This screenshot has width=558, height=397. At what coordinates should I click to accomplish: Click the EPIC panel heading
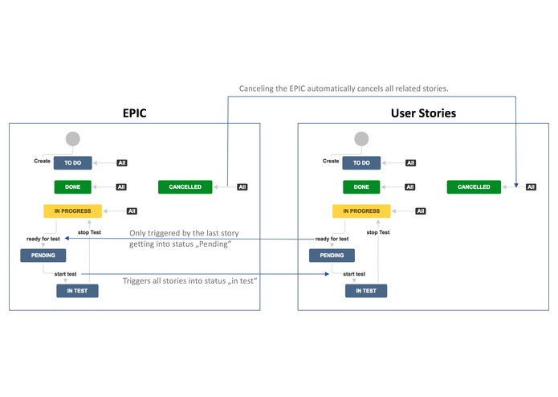tap(134, 113)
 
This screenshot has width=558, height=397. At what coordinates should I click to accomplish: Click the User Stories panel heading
tap(423, 113)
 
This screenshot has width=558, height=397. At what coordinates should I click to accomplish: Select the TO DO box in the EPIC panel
tap(73, 162)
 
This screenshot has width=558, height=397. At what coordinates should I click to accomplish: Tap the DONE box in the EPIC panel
tap(73, 186)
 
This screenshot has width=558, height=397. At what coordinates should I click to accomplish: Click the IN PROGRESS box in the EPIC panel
tap(73, 211)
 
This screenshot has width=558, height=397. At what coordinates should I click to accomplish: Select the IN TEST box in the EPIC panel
tap(77, 290)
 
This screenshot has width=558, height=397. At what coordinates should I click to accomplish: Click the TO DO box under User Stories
tap(361, 162)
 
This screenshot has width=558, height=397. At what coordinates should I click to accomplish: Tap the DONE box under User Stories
tap(361, 186)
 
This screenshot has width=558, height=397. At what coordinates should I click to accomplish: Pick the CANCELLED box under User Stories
tap(474, 186)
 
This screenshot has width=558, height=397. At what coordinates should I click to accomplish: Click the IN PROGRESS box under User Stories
tap(361, 211)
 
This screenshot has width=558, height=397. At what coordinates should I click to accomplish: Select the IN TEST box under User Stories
tap(366, 290)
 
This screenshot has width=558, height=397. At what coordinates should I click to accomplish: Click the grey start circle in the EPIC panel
tap(73, 138)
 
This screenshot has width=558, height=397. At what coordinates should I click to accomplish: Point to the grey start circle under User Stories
tap(361, 138)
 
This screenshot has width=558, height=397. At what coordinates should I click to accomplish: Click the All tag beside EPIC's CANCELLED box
tap(242, 187)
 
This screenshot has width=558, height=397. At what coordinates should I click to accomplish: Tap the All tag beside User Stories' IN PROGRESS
tap(421, 211)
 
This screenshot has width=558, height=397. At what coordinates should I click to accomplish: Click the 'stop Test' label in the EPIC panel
tap(89, 232)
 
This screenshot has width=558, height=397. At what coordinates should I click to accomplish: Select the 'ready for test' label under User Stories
tap(332, 239)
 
